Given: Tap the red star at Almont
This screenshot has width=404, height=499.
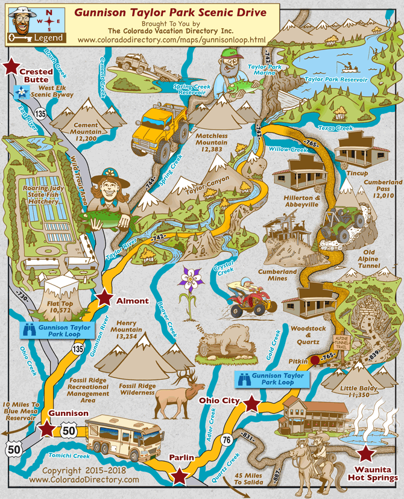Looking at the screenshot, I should click(x=105, y=297).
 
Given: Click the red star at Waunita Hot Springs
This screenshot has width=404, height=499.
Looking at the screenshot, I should click(x=365, y=453).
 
